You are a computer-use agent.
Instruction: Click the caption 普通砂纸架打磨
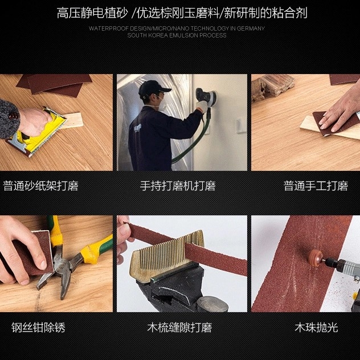(x=40, y=186)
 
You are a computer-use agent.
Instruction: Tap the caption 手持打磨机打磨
(x=178, y=186)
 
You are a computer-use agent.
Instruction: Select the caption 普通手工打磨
(x=316, y=186)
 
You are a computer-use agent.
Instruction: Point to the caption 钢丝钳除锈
(x=38, y=327)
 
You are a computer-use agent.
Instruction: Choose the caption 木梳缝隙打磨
(x=179, y=327)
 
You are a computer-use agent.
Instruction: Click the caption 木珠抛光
(x=316, y=327)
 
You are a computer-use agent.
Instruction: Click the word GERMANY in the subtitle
(x=251, y=28)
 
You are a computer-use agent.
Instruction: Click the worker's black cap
(x=153, y=88)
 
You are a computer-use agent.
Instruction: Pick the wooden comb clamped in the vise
(x=167, y=255)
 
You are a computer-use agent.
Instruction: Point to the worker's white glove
(x=203, y=107)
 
